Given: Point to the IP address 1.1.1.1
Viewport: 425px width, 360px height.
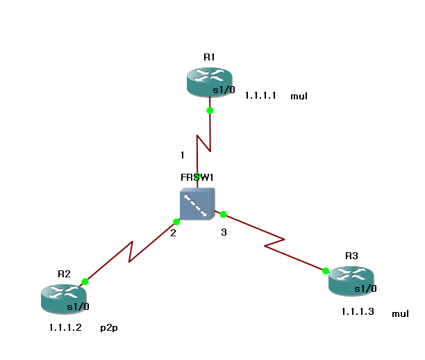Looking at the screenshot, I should (x=260, y=96).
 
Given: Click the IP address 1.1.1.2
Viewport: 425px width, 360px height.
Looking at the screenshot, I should (x=65, y=327).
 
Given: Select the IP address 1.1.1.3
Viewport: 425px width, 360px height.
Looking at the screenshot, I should (x=358, y=312).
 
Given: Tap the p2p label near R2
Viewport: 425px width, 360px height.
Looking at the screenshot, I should (x=109, y=327).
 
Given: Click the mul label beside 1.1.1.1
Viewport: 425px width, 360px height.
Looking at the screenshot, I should (x=299, y=97).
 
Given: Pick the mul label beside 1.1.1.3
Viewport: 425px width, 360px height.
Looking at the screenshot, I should (x=400, y=313).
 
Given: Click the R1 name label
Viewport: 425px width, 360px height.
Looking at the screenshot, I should (x=209, y=57).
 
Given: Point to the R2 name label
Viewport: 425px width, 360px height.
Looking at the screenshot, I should (x=64, y=274).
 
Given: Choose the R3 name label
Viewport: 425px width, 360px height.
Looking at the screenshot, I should (x=351, y=256).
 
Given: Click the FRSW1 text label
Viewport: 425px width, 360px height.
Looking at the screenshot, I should (x=197, y=178).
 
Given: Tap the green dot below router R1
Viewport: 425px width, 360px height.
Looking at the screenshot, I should (x=210, y=111).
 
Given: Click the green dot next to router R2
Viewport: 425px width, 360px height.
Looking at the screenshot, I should (x=85, y=281).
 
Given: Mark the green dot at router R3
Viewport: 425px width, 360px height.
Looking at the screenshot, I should (x=326, y=270).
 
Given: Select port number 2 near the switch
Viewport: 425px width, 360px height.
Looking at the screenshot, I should (x=174, y=233).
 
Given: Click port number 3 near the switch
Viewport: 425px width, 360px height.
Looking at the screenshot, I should (x=224, y=232).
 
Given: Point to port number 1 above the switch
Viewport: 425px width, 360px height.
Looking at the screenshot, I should (x=183, y=154).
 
